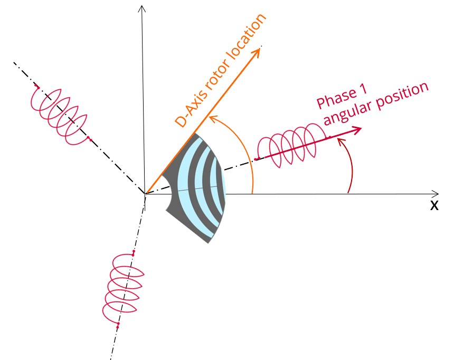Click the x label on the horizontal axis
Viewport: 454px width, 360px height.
(x=434, y=206)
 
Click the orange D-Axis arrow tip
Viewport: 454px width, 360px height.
(x=260, y=49)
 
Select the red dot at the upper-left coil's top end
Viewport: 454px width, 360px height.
(x=36, y=86)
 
